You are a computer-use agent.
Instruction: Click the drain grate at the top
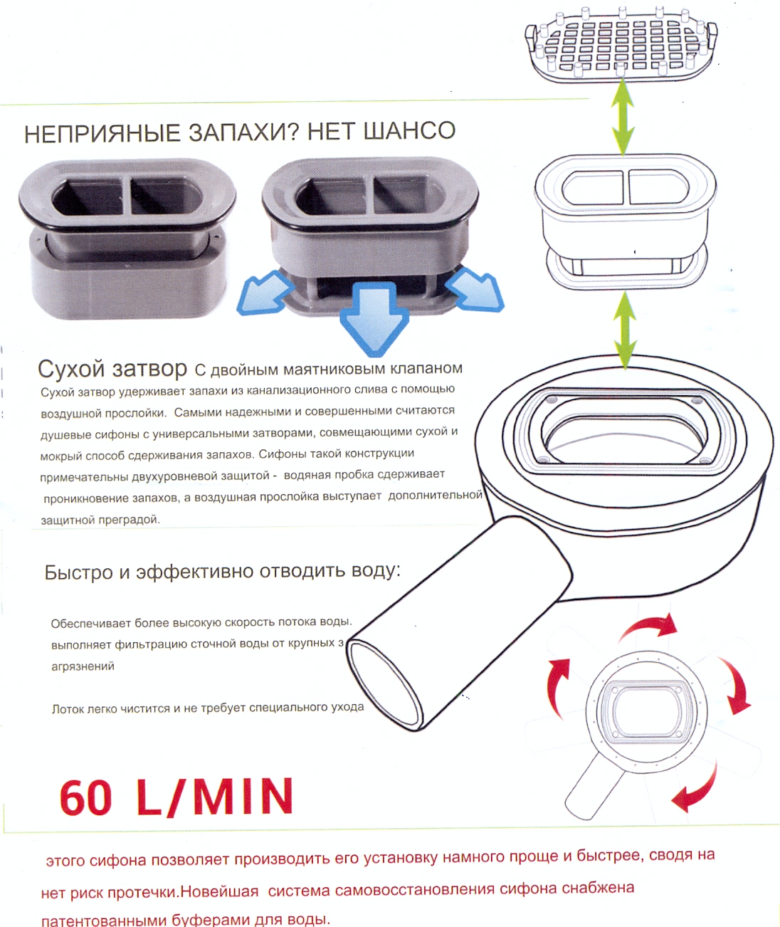(621, 44)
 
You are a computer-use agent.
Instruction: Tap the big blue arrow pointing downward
(374, 318)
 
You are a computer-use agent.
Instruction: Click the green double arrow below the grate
(623, 117)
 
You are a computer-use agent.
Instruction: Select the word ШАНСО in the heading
(410, 130)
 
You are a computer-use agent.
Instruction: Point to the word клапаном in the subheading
(426, 368)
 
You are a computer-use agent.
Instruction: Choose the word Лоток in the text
(67, 709)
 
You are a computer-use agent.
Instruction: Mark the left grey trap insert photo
(127, 238)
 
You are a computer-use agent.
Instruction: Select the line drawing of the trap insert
(626, 222)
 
